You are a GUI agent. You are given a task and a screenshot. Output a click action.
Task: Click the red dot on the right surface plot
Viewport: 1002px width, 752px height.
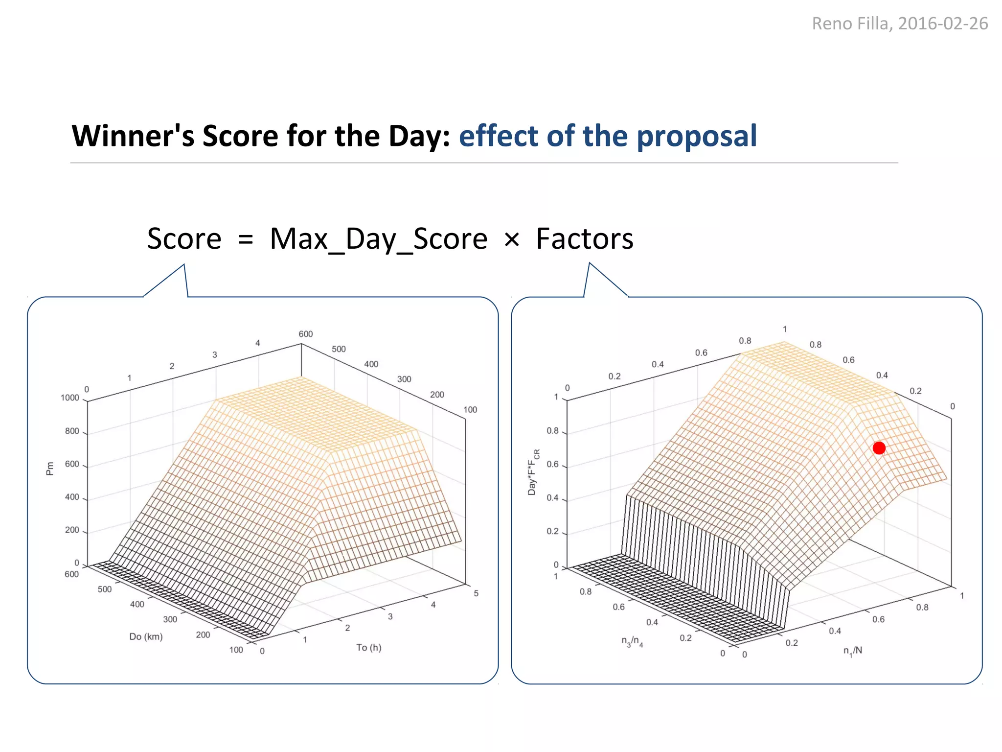pos(879,448)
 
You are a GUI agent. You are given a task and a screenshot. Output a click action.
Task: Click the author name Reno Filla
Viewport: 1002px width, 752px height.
pos(851,23)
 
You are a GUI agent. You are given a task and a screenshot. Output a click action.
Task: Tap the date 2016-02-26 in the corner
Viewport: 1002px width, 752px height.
pos(943,23)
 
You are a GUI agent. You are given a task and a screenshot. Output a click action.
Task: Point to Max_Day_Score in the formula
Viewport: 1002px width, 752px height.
pos(378,239)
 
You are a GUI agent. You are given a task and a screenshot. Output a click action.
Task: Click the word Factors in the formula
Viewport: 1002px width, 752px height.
pos(585,239)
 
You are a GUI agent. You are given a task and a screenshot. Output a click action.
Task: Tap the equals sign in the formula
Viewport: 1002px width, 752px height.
pos(245,240)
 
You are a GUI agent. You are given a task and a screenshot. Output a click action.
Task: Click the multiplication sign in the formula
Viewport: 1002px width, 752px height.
pos(511,240)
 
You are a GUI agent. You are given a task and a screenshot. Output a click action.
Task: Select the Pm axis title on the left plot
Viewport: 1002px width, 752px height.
pos(49,469)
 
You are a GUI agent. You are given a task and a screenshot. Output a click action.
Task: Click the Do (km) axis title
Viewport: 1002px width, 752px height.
pos(146,636)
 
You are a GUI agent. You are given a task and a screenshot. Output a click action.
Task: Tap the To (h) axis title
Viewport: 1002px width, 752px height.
pos(368,647)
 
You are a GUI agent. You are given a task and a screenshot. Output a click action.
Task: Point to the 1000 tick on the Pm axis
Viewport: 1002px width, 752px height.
pos(70,398)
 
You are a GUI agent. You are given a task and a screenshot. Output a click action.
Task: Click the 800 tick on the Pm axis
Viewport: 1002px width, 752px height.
pos(72,431)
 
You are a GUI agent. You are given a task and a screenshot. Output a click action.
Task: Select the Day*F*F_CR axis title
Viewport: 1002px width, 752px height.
pos(533,472)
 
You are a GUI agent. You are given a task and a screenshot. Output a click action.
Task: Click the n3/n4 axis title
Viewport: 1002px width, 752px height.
pos(632,641)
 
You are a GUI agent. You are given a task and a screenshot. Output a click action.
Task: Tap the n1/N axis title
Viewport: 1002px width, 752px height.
pos(852,651)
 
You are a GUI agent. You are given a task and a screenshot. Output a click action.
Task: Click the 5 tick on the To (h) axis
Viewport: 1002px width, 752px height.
pos(476,593)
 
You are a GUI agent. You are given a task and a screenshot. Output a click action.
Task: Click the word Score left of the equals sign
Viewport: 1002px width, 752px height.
pos(184,239)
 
